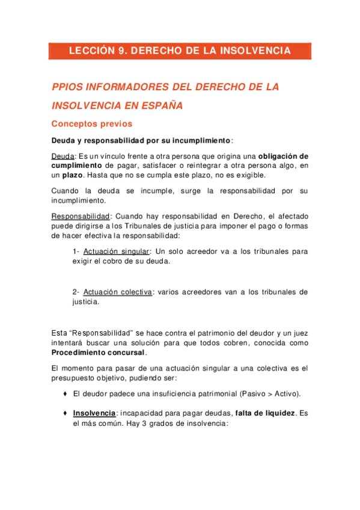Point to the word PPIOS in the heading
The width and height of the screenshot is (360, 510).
pos(67,87)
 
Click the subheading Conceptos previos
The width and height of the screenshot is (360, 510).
pos(92,124)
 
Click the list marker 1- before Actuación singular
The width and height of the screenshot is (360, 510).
pos(76,251)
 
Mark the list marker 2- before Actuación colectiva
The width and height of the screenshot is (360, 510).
pos(76,292)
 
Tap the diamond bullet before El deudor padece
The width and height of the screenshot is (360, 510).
pos(64,394)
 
